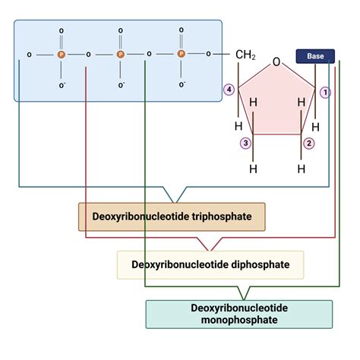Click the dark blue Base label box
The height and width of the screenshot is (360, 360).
pos(315,57)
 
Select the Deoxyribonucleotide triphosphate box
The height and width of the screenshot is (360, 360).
pos(172,216)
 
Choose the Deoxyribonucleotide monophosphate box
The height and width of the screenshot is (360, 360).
pos(238,314)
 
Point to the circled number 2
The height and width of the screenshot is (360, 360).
pos(309,143)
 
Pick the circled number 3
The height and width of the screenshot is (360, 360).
pos(245,143)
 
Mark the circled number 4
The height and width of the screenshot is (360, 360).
pos(228,90)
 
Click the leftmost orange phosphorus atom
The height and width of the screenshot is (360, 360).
pos(62,55)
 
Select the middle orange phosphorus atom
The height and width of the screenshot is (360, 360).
pos(120,55)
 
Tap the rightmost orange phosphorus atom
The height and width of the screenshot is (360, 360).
pos(181,55)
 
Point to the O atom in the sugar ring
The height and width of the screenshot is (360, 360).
pos(277,62)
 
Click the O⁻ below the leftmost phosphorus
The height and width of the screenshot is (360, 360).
pos(62,85)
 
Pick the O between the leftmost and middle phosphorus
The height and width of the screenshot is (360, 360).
pos(89,55)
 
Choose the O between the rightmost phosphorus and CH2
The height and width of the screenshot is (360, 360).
pos(208,55)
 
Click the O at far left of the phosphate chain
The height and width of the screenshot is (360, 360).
pos(29,55)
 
